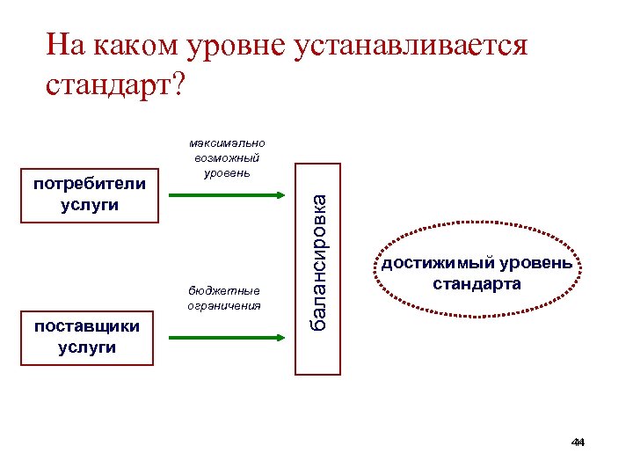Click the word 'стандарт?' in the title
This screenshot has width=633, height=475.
tap(114, 85)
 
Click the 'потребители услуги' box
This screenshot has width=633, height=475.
tap(88, 194)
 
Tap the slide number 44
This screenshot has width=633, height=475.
tap(578, 442)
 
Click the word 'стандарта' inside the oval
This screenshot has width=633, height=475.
tap(477, 284)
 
